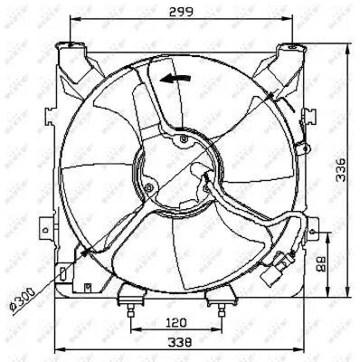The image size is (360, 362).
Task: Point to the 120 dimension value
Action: (176, 322)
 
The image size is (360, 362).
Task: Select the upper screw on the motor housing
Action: (184, 139)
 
